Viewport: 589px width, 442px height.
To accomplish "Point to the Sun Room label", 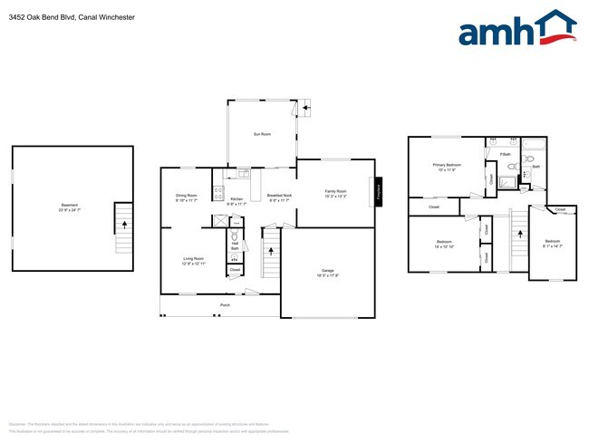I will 262,134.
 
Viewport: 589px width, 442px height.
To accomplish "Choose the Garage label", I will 327,272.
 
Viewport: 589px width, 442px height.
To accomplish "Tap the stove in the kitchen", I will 217,192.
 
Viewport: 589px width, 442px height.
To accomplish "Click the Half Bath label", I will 235,244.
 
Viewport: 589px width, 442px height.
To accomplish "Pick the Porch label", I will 225,306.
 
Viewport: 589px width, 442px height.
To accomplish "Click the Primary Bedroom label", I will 449,167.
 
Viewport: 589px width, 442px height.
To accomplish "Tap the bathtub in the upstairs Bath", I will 536,151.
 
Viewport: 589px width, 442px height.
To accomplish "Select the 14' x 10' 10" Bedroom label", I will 444,244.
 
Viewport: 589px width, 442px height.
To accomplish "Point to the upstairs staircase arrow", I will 520,234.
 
